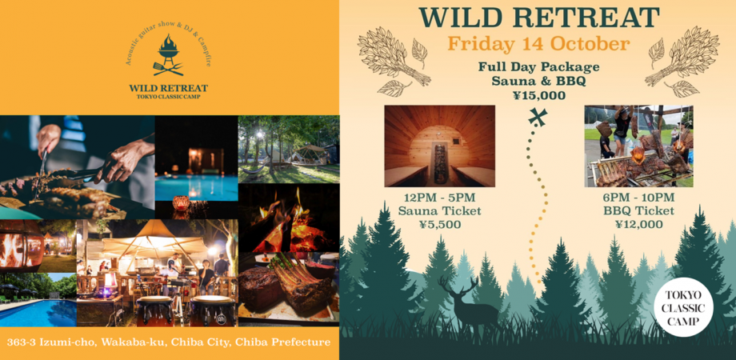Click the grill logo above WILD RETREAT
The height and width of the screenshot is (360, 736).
pos(168,54)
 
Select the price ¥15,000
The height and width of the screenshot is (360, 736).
pos(538,95)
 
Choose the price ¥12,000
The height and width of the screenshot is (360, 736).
pos(638,225)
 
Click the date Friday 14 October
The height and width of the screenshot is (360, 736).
pos(538,43)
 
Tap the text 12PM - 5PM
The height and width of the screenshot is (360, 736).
pos(439,197)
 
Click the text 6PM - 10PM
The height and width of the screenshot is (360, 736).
pos(638,197)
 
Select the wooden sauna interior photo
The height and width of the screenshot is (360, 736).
pos(439,146)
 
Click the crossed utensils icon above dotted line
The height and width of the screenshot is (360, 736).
pos(538,117)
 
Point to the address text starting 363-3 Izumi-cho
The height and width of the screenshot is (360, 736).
pos(168,342)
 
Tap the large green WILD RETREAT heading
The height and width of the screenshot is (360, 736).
pos(538,17)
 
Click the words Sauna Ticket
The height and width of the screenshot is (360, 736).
pos(439,211)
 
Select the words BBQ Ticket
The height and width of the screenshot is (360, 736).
pos(638,211)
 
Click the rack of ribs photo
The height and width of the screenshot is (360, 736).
pos(288,288)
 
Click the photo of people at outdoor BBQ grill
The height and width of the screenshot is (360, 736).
pos(638,146)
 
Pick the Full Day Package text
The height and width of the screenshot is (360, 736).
pos(538,67)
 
